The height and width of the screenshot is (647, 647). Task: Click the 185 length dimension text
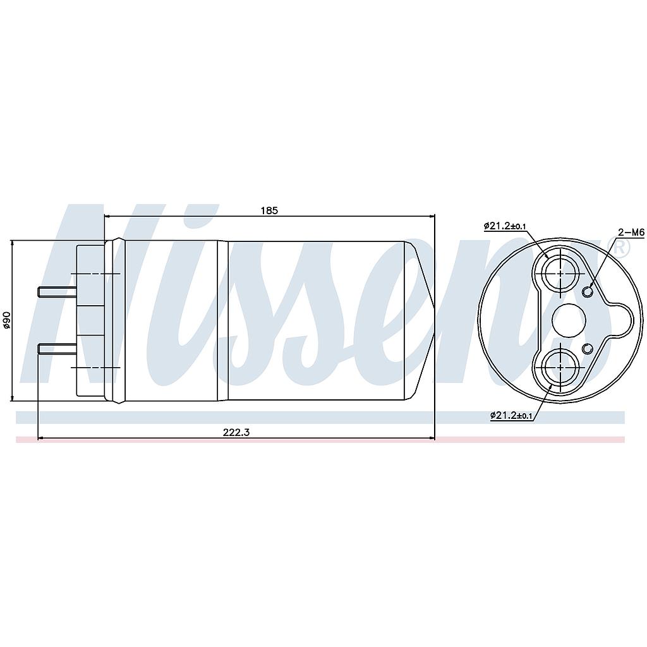[x=269, y=210]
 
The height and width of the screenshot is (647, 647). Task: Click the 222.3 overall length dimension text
[x=236, y=432]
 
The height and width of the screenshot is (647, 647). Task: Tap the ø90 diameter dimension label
[x=6, y=320]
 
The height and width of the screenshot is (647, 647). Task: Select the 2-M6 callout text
[x=631, y=233]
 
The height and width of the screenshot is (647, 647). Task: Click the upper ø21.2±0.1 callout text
[x=505, y=226]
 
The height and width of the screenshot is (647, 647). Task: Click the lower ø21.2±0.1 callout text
[x=512, y=416]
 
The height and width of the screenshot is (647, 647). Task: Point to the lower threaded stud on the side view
[x=57, y=349]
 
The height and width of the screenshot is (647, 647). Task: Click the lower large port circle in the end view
[x=560, y=366]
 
